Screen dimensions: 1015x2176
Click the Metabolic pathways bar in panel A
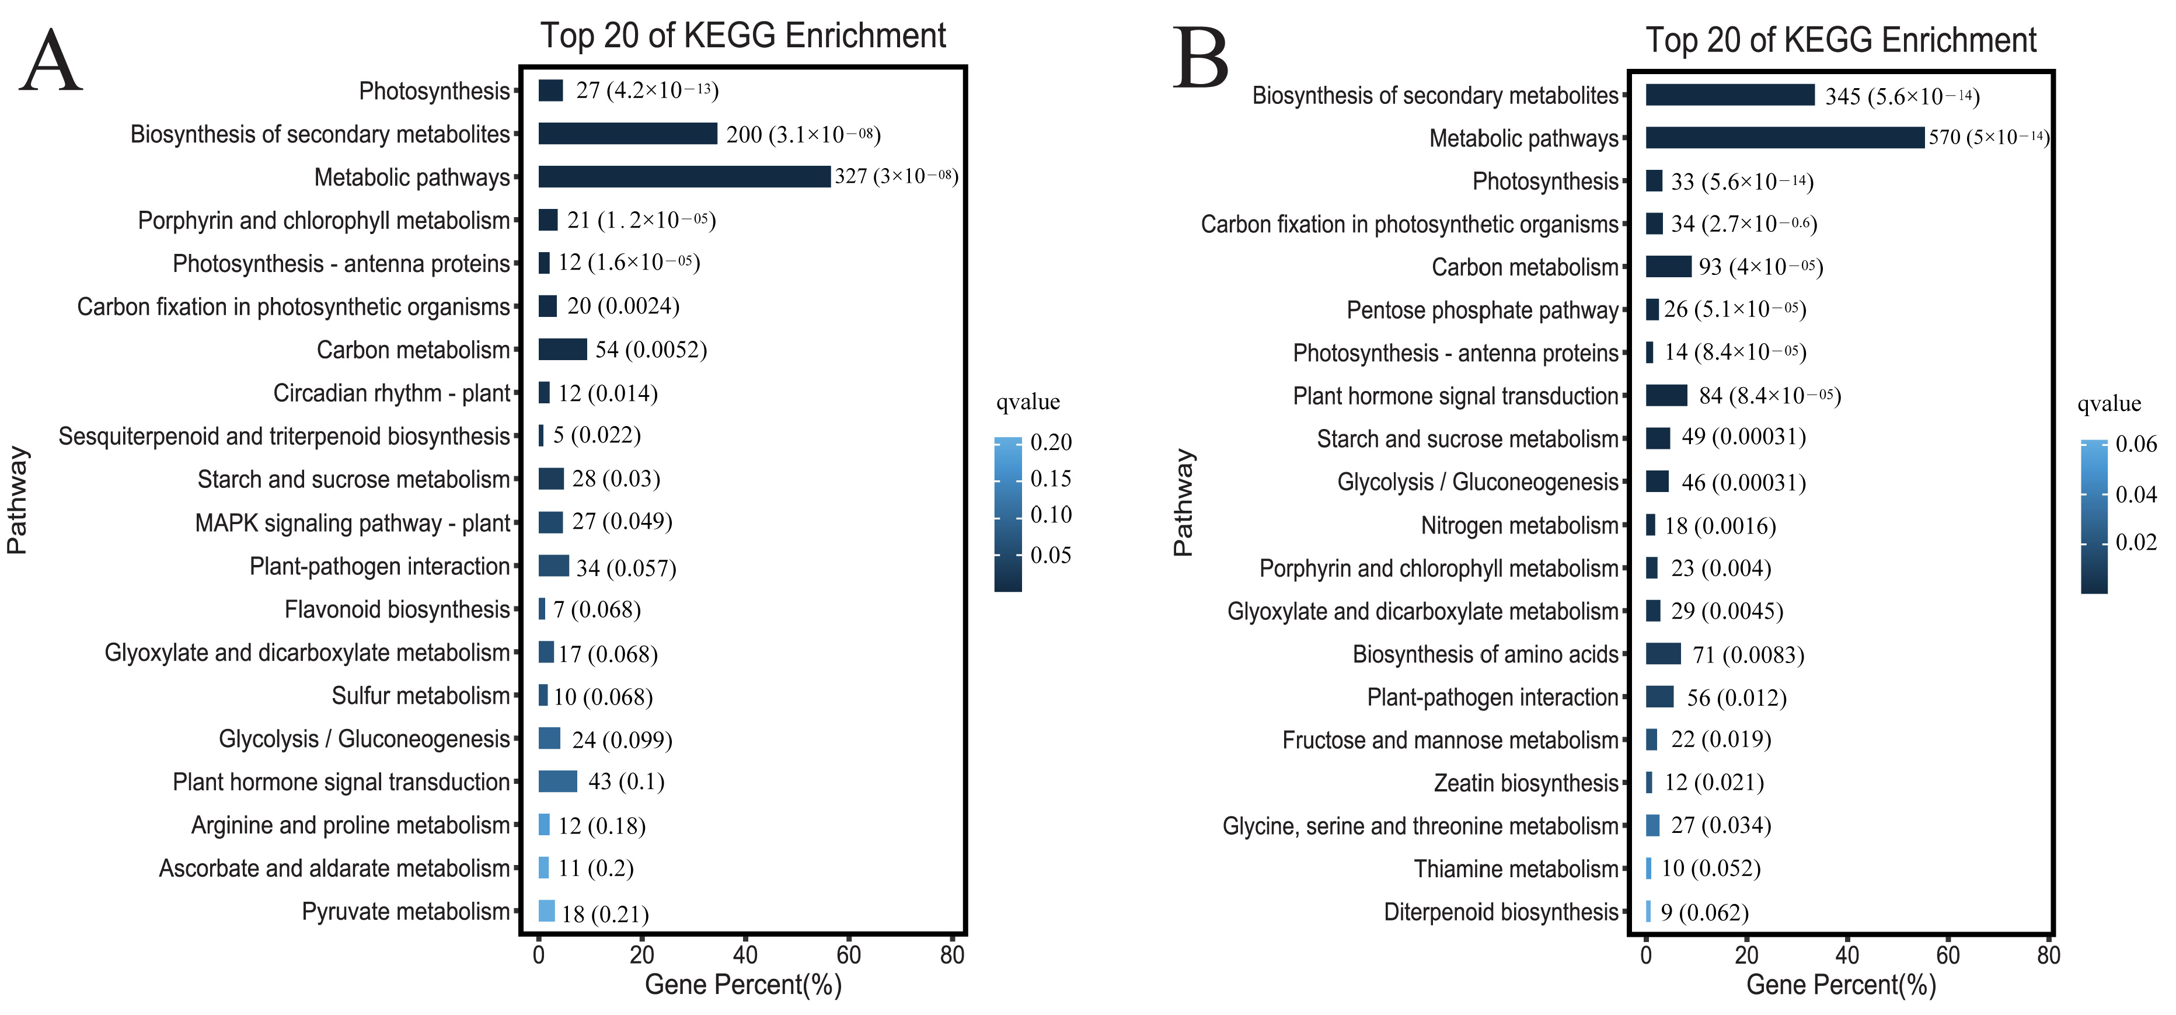[684, 176]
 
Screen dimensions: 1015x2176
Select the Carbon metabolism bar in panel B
[1668, 267]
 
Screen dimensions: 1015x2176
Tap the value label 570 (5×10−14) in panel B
[1987, 137]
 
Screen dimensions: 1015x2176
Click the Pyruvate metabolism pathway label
[406, 912]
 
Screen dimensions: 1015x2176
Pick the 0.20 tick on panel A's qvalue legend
[1051, 442]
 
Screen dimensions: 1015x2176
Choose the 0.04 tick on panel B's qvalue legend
[2136, 494]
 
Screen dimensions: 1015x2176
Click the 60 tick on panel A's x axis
[848, 955]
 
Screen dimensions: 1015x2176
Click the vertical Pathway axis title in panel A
[17, 500]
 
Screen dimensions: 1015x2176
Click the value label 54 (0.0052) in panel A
[650, 350]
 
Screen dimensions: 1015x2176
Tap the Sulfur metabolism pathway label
[421, 696]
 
